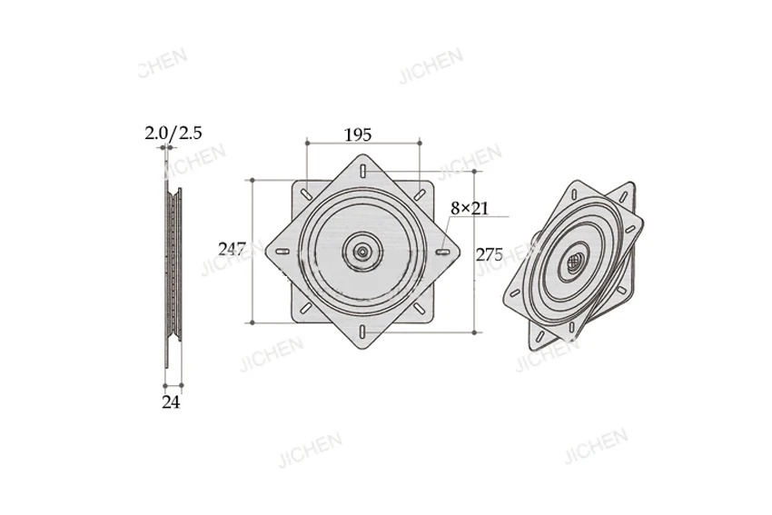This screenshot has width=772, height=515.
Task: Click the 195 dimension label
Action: pyautogui.click(x=358, y=135)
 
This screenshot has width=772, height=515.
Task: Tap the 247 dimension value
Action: pyautogui.click(x=232, y=249)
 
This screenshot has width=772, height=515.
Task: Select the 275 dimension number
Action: pyautogui.click(x=490, y=254)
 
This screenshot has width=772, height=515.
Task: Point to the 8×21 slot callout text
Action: pyautogui.click(x=470, y=208)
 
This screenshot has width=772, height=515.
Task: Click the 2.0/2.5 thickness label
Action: pyautogui.click(x=173, y=133)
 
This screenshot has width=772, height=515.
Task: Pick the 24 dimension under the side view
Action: pyautogui.click(x=171, y=402)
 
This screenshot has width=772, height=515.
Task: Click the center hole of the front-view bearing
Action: pyautogui.click(x=363, y=252)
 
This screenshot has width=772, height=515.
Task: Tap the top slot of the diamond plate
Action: pyautogui.click(x=363, y=171)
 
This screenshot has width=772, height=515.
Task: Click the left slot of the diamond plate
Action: pyautogui.click(x=282, y=252)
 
